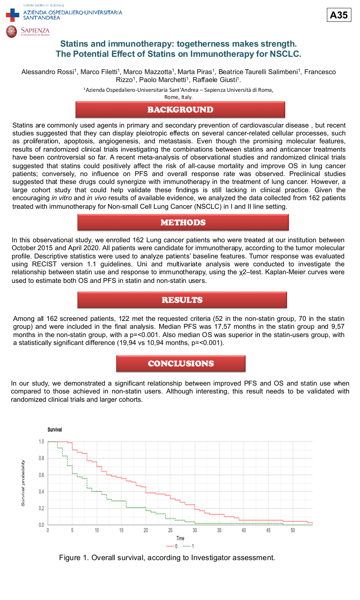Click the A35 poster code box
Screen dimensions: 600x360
pyautogui.click(x=339, y=15)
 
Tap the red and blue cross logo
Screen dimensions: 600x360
pyautogui.click(x=12, y=15)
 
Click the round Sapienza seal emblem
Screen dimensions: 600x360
pyautogui.click(x=12, y=31)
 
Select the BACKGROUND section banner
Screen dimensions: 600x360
pyautogui.click(x=180, y=110)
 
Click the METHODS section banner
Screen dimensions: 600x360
pyautogui.click(x=183, y=223)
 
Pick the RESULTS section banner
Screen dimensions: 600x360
pyautogui.click(x=182, y=300)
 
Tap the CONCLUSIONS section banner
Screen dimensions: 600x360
pyautogui.click(x=181, y=364)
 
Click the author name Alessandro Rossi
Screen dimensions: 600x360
pyautogui.click(x=48, y=72)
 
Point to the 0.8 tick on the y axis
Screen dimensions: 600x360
pyautogui.click(x=41, y=458)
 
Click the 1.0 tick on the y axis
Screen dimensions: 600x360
pyautogui.click(x=41, y=442)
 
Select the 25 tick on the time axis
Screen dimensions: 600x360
pyautogui.click(x=170, y=530)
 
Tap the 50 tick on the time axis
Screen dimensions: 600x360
pyautogui.click(x=293, y=530)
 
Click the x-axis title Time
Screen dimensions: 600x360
pyautogui.click(x=180, y=538)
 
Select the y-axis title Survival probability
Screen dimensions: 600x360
pyautogui.click(x=23, y=483)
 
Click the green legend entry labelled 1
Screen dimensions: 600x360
pyautogui.click(x=188, y=546)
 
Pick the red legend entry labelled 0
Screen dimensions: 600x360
pyautogui.click(x=172, y=546)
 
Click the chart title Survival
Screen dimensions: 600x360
pyautogui.click(x=55, y=430)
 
